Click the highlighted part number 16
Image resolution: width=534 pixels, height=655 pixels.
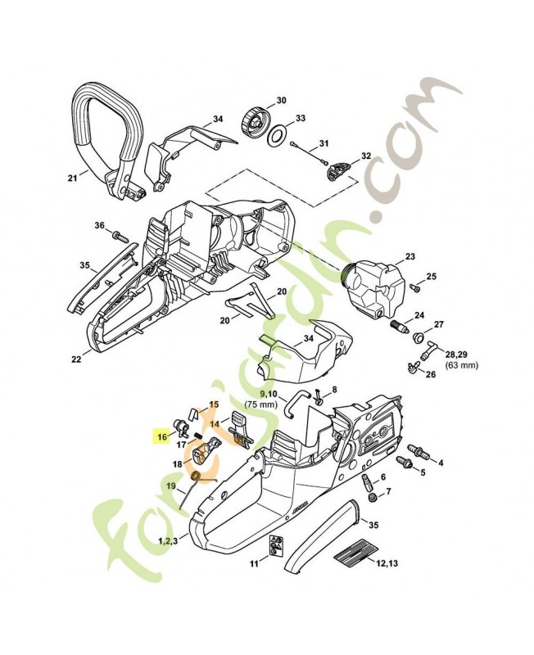click(162, 437)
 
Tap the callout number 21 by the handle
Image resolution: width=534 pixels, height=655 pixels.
click(73, 176)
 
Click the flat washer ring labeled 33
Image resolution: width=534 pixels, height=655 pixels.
click(279, 133)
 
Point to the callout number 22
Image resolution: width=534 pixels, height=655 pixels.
click(75, 358)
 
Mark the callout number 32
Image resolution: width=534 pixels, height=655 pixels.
click(365, 156)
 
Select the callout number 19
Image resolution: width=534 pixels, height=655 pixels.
click(171, 486)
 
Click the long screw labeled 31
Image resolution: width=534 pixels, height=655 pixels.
click(309, 148)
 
